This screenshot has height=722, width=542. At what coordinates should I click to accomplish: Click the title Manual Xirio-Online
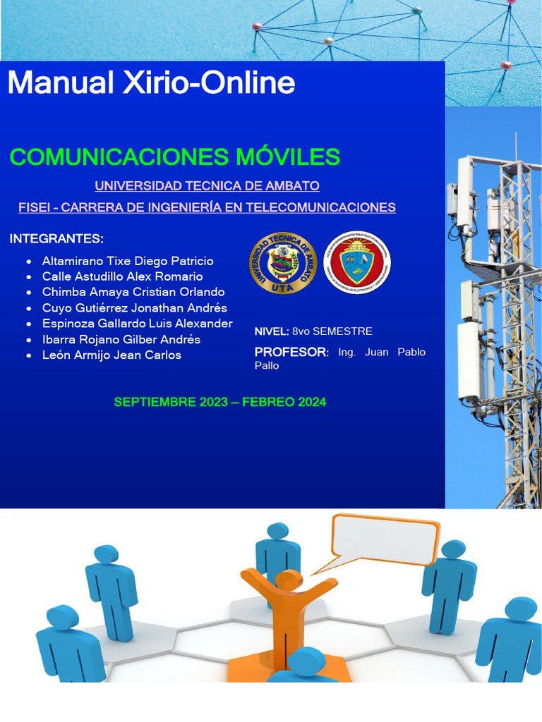[151, 83]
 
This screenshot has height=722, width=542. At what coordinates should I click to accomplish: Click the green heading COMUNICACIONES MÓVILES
[175, 157]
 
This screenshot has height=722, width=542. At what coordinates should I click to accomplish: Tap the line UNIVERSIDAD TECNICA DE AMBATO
[207, 186]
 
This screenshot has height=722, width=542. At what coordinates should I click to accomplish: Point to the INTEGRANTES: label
[56, 239]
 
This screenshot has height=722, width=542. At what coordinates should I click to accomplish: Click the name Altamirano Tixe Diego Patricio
[127, 261]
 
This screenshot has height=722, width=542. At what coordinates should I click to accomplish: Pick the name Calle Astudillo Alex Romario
[122, 276]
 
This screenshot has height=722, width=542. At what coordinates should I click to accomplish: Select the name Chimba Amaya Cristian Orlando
[133, 292]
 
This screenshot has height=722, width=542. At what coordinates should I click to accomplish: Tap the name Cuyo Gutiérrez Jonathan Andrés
[134, 308]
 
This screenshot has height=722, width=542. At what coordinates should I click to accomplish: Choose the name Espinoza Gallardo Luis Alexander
[137, 324]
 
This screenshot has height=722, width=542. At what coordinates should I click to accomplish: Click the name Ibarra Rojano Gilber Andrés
[121, 339]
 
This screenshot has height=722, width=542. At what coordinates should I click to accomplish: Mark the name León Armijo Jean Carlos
[112, 355]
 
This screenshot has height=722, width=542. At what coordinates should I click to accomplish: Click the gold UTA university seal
[283, 264]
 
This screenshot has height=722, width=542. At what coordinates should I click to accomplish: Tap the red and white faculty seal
[356, 264]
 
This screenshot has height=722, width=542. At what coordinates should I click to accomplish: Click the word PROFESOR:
[291, 352]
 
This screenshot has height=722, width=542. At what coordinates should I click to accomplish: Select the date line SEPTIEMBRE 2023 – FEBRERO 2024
[219, 402]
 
